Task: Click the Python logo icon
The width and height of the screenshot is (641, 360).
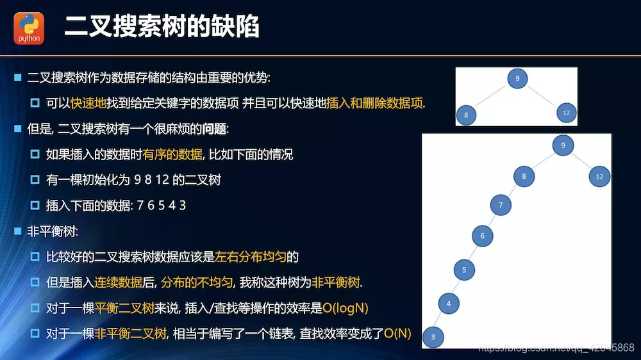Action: click(29, 29)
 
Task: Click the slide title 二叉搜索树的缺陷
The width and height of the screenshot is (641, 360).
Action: click(162, 28)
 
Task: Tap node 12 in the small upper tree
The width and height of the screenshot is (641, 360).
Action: click(565, 113)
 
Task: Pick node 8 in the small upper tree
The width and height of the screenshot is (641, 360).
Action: click(466, 115)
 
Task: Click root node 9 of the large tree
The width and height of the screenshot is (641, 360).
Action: click(563, 145)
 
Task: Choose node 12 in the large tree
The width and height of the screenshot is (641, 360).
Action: click(599, 176)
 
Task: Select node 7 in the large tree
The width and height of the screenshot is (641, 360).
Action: click(501, 206)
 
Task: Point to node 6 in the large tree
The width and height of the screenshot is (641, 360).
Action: click(482, 236)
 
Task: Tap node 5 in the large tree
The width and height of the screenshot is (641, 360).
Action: click(464, 270)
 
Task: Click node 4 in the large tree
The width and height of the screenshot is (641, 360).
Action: click(449, 303)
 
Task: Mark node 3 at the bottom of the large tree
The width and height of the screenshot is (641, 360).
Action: click(433, 336)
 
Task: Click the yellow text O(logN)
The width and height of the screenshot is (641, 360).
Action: click(345, 308)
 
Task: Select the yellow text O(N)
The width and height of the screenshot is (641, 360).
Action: click(397, 334)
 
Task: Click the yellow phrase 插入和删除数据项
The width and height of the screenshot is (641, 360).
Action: click(375, 103)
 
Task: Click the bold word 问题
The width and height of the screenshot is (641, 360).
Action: click(214, 129)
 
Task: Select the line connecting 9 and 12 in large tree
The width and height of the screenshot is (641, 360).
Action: click(582, 161)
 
